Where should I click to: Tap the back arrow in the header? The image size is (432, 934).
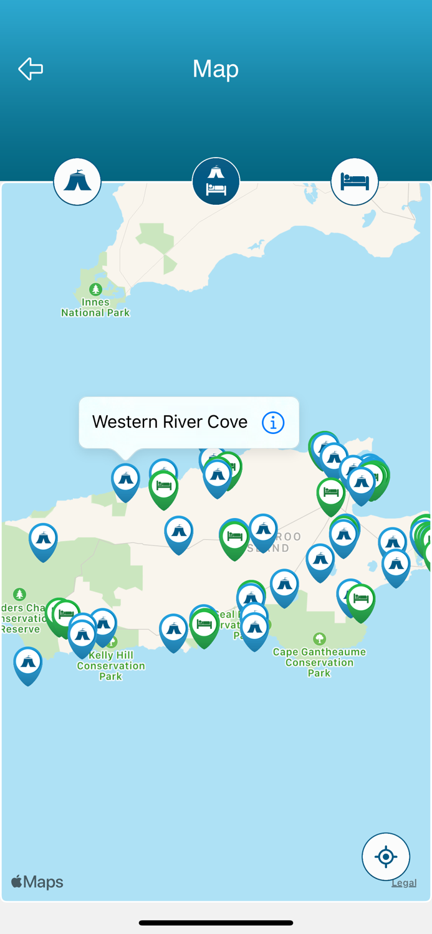coord(31,68)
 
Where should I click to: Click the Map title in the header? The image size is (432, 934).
coord(216,68)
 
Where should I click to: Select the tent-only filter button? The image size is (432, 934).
coord(77,181)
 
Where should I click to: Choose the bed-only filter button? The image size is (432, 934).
coord(354,181)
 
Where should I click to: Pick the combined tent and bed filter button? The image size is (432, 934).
coord(216,181)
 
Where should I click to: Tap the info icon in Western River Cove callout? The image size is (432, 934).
coord(273,423)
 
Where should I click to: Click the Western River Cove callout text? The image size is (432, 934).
coord(170,422)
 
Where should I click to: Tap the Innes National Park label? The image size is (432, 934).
coord(95,308)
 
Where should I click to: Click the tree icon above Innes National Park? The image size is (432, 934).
coord(95,289)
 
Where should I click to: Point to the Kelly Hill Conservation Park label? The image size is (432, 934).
coord(110,666)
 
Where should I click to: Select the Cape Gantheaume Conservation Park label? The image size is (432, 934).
coord(319,662)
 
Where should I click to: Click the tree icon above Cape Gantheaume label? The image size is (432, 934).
coord(320,638)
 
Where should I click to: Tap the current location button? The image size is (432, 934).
coord(386,857)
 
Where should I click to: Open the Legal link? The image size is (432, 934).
coord(403,882)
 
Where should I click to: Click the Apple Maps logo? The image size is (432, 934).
coord(37,882)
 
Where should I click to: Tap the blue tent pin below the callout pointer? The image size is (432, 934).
coord(126,480)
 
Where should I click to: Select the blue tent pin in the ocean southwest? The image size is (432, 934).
coord(28,664)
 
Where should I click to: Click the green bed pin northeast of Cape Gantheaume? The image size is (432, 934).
coord(361,601)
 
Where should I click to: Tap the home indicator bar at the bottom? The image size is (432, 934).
coord(216,923)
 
